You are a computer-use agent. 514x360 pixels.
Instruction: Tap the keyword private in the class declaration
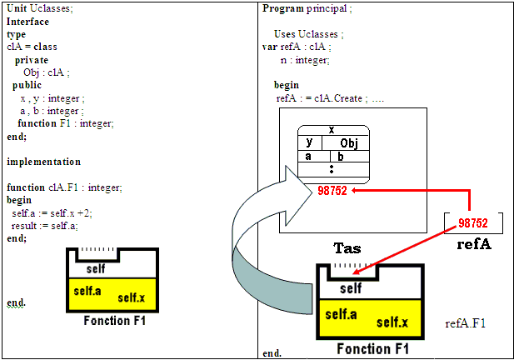coord(31,60)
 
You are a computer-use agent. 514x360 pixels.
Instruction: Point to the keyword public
coord(27,85)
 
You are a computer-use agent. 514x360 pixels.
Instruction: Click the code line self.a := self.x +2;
coord(52,212)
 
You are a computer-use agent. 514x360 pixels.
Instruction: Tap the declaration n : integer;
coord(306,60)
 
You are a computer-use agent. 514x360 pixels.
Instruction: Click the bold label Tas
coord(347,248)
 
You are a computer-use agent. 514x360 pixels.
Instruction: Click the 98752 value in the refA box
coord(473,224)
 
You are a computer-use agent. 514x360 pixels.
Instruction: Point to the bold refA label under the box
coord(473,245)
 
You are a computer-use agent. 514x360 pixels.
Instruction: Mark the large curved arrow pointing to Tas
coord(250,242)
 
